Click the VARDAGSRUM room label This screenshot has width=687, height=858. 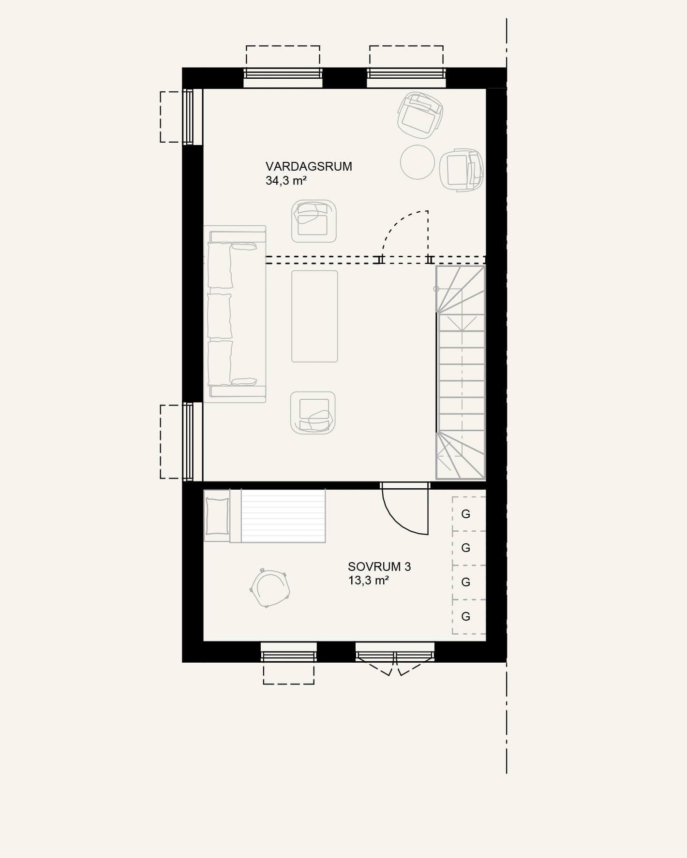pyautogui.click(x=309, y=166)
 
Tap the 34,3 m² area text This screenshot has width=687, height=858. pyautogui.click(x=286, y=181)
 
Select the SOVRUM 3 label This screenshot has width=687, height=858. pyautogui.click(x=379, y=567)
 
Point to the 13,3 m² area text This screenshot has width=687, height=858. pyautogui.click(x=369, y=581)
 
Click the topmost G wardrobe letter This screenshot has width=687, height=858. pyautogui.click(x=466, y=514)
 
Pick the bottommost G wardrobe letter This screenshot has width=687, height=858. pyautogui.click(x=466, y=616)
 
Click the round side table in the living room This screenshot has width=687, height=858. pyautogui.click(x=418, y=162)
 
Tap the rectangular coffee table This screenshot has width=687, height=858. pyautogui.click(x=314, y=316)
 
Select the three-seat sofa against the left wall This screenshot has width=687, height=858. pyautogui.click(x=235, y=314)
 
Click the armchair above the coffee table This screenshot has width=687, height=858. pyautogui.click(x=314, y=221)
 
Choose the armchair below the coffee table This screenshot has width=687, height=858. pyautogui.click(x=313, y=412)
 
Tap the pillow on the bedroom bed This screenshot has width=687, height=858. pyautogui.click(x=217, y=516)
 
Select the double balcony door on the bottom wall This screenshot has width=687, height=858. pyautogui.click(x=395, y=658)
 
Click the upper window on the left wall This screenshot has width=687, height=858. pyautogui.click(x=188, y=117)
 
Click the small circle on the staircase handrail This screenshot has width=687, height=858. pyautogui.click(x=436, y=289)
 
